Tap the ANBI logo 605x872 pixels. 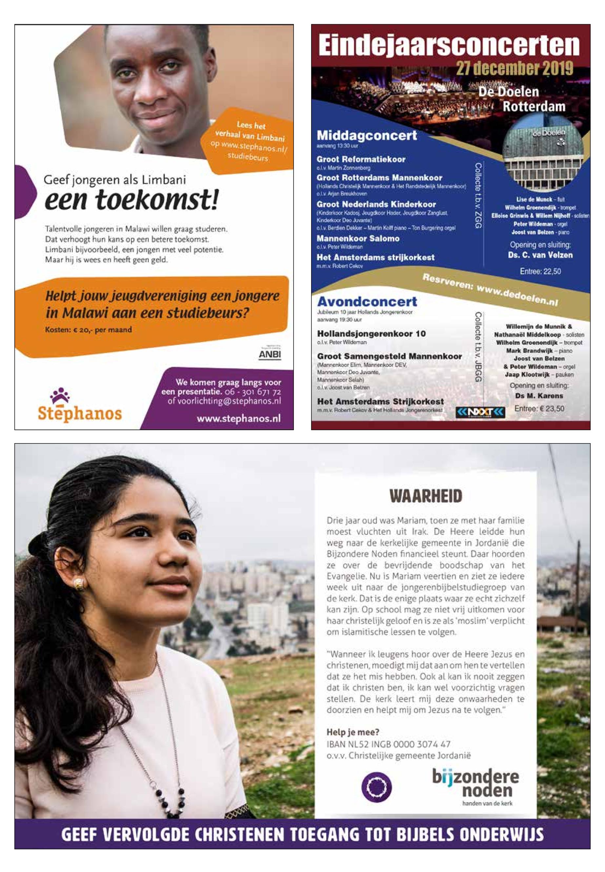(x=270, y=355)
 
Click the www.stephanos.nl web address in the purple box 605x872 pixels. (x=239, y=418)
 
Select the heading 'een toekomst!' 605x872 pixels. (x=131, y=201)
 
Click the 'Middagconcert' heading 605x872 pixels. (x=367, y=135)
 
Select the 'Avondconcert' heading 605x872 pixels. (x=367, y=302)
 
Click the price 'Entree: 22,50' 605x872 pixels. (x=540, y=271)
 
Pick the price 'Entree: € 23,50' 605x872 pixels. (x=539, y=409)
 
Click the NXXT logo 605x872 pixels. (x=480, y=412)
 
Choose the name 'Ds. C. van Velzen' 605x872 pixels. (x=540, y=255)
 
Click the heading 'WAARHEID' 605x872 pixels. (x=426, y=496)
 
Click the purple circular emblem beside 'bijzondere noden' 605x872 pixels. (x=376, y=787)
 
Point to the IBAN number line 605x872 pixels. (x=389, y=744)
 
